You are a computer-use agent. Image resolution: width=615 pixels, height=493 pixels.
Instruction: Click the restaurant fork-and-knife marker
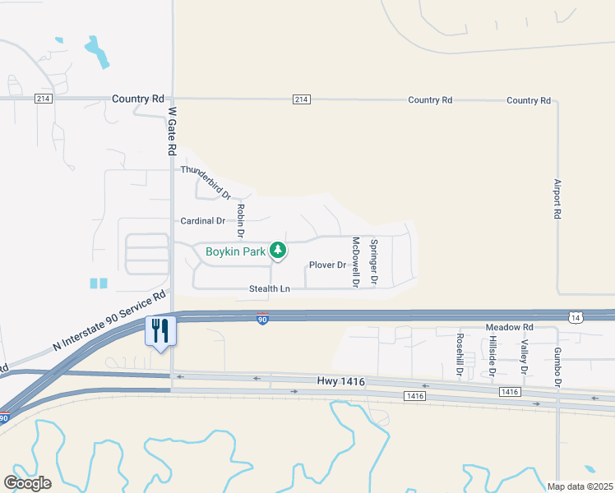point(160,331)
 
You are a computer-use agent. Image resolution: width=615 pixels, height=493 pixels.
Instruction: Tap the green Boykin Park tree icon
point(278,251)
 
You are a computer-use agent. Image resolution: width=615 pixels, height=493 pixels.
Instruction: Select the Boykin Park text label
point(236,251)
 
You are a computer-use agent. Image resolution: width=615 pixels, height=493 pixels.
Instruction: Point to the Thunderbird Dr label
point(206,182)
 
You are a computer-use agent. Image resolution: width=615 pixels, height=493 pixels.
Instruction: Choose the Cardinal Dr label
point(202,221)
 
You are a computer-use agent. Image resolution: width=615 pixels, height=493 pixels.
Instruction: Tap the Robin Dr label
point(242,219)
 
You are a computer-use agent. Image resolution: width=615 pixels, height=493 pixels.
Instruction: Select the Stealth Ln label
point(270,289)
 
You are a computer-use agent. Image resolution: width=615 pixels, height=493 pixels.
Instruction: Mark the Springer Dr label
point(374,262)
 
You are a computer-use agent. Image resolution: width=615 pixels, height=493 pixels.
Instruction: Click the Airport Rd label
point(557,199)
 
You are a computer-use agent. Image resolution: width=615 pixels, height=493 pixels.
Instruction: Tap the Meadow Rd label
point(510,327)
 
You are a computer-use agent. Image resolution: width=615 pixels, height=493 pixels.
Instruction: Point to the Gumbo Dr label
point(557,366)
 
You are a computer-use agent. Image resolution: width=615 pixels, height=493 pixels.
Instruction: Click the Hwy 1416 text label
point(340,382)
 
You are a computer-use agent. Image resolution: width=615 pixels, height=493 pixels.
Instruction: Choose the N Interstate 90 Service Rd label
point(110,321)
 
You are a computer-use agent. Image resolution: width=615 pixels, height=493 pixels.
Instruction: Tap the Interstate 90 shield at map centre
point(262,320)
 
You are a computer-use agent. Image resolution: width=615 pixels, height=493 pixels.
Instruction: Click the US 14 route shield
point(574,316)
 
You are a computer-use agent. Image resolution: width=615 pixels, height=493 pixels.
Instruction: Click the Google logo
point(27,483)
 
